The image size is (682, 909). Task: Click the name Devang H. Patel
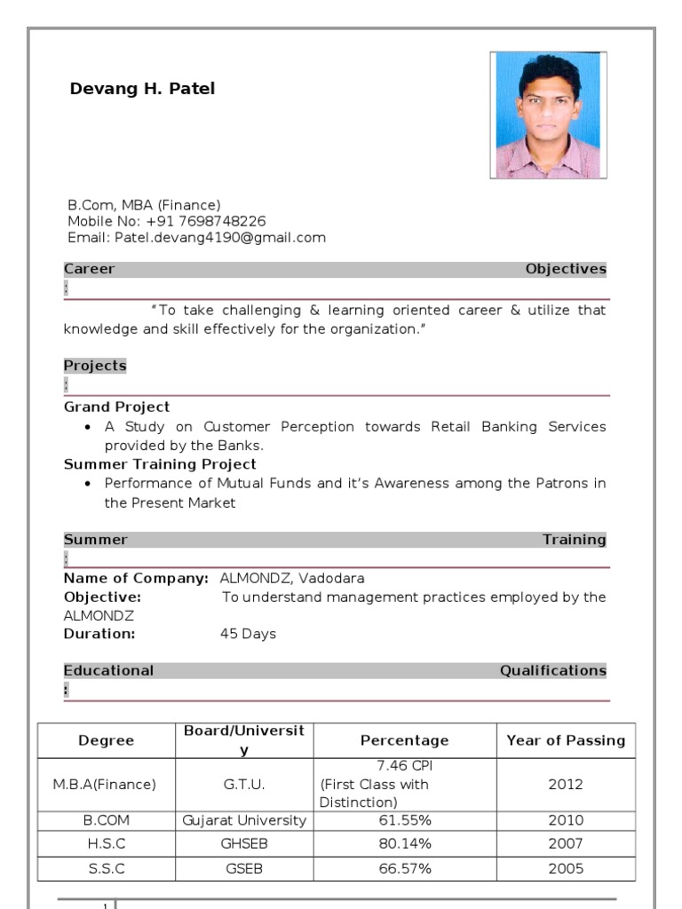click(142, 89)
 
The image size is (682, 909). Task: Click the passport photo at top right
click(548, 115)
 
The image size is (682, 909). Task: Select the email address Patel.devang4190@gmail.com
click(218, 238)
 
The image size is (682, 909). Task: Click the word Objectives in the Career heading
click(566, 269)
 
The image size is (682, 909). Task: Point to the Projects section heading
click(95, 366)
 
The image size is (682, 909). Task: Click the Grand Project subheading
click(116, 407)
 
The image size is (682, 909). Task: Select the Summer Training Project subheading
click(160, 464)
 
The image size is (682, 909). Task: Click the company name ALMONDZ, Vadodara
click(292, 578)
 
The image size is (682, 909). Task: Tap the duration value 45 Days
click(248, 634)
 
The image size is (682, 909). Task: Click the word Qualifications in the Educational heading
click(553, 670)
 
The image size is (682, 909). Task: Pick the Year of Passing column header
click(566, 740)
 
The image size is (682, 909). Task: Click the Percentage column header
click(404, 740)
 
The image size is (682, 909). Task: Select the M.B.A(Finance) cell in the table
click(106, 785)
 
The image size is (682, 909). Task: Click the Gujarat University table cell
click(244, 820)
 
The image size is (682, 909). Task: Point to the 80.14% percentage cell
click(405, 843)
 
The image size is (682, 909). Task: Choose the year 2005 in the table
click(566, 869)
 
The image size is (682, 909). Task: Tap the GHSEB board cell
click(244, 843)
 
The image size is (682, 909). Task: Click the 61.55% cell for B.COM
click(405, 820)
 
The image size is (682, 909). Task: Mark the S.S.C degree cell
click(106, 869)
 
